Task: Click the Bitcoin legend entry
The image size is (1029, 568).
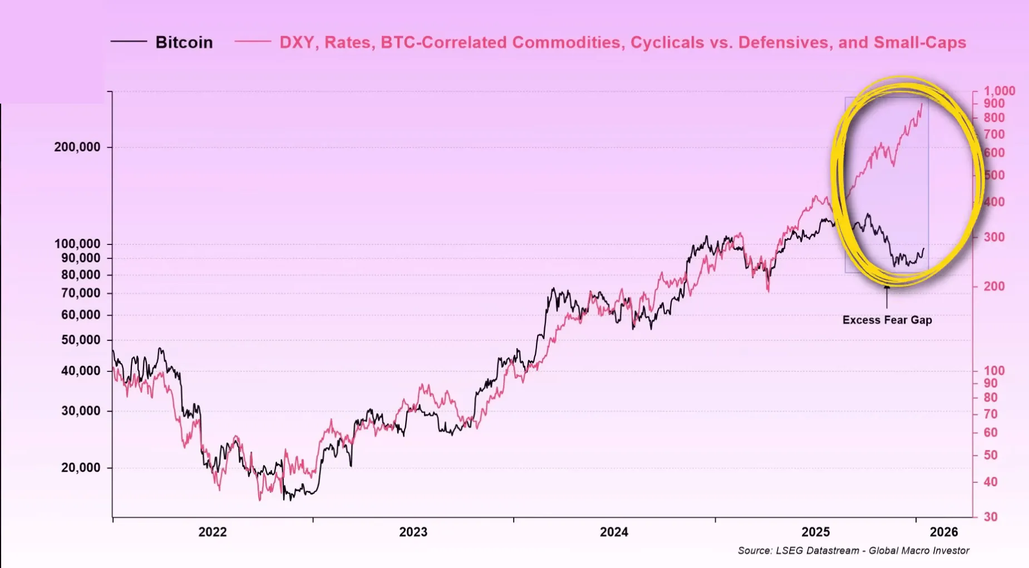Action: [x=184, y=42]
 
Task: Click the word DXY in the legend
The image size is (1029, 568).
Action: [x=297, y=42]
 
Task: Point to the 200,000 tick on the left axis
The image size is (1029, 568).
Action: [x=77, y=148]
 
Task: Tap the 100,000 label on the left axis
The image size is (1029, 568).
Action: [x=77, y=244]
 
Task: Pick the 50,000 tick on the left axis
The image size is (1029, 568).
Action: [x=81, y=340]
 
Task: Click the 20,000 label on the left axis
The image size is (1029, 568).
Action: [x=81, y=468]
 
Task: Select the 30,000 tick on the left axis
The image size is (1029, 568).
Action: [x=81, y=411]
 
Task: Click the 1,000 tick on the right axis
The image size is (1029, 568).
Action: [x=999, y=91]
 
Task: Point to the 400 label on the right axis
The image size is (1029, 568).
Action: [x=994, y=202]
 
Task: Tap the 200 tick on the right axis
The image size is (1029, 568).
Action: [x=994, y=286]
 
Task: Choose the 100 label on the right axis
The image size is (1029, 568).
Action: [x=994, y=371]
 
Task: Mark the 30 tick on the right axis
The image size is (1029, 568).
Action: [x=991, y=517]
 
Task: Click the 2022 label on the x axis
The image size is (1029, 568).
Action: [x=213, y=532]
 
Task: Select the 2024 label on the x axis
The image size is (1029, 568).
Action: [x=614, y=532]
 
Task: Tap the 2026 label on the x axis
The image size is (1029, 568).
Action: [x=944, y=532]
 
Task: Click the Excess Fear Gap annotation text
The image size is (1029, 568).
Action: [x=887, y=320]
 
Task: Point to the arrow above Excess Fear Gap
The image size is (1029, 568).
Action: [x=887, y=295]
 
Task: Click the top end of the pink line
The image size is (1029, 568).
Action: [x=922, y=104]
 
